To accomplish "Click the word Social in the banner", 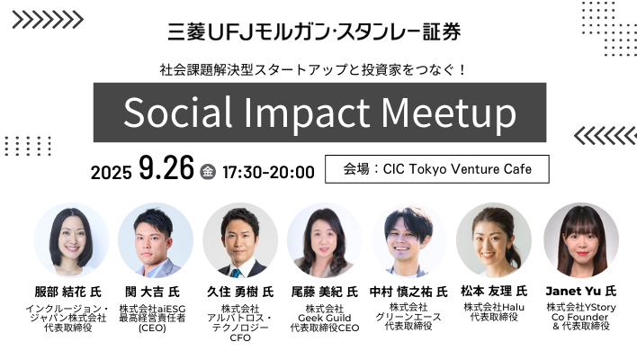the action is (177, 112).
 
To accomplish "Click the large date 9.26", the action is (166, 167).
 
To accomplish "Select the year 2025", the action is (111, 173).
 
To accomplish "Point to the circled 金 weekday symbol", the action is (208, 172).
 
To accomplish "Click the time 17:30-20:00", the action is (268, 172).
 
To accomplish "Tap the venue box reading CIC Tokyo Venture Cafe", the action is (437, 169).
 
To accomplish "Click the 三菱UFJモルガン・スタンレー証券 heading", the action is (314, 31).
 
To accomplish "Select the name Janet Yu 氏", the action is (581, 291).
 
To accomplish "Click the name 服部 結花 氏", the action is (67, 292).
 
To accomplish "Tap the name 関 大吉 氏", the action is (152, 292).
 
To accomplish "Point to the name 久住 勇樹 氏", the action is (240, 292).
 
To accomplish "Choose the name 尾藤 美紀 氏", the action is (325, 292).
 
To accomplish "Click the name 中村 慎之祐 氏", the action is (408, 292).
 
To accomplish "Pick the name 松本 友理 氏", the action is (494, 291).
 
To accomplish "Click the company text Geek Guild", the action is (325, 318).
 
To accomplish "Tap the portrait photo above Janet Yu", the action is (581, 240).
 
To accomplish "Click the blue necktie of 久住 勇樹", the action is (236, 273).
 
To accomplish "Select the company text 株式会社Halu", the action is (494, 307).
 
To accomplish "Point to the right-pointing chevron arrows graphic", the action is (48, 20).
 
